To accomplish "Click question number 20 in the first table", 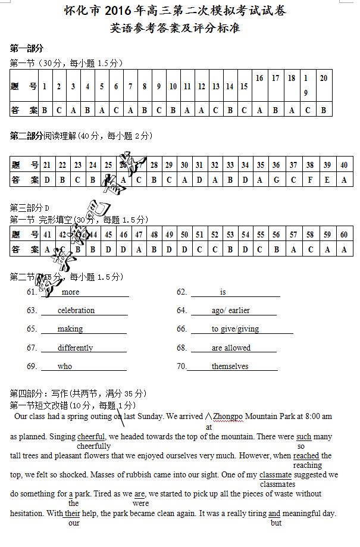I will coord(324,78).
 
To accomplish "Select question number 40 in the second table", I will coord(344,165).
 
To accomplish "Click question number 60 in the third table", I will coord(344,235).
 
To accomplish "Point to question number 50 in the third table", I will coord(184,235).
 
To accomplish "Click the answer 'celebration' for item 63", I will coord(76,310).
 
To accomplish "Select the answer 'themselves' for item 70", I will coord(230,366).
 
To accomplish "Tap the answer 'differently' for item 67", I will coord(76,348).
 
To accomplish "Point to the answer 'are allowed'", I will coord(231,348).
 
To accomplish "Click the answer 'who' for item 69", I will coord(65,366).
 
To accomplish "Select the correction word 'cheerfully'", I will coord(94,446).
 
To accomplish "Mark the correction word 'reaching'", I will coord(307,465).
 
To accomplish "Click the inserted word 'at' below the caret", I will coord(209,427).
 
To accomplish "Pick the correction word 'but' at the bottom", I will coord(276,523).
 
